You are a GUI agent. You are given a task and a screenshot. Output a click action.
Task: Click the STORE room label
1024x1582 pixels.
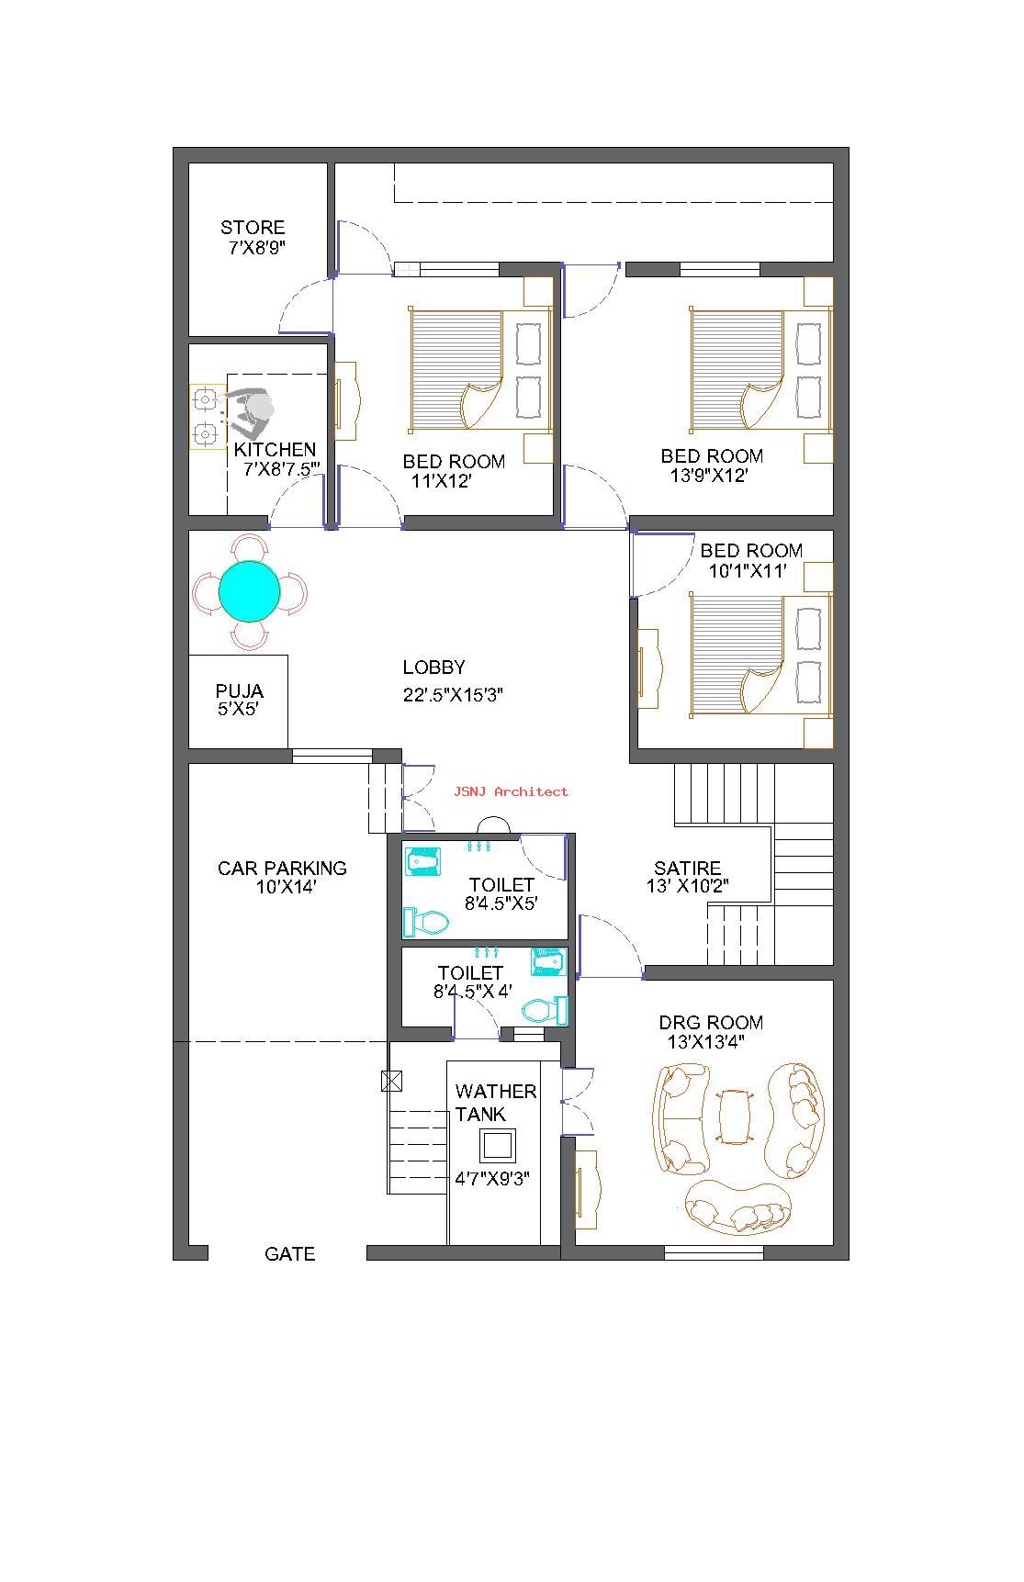click(253, 227)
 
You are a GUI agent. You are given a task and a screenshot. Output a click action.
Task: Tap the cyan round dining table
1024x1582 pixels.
click(250, 590)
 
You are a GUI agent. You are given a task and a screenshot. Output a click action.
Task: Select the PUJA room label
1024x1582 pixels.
click(239, 690)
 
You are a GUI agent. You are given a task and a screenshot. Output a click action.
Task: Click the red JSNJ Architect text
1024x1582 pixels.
click(511, 791)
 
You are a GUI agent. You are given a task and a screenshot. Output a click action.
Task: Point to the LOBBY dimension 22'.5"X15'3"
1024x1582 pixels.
click(453, 694)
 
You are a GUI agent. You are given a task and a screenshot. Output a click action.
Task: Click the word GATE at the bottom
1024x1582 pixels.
click(289, 1253)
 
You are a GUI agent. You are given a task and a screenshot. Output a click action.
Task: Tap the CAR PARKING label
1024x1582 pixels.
click(282, 868)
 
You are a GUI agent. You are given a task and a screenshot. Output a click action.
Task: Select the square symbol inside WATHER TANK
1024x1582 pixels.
click(497, 1146)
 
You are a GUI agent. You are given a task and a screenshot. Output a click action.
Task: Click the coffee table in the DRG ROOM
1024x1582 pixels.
click(733, 1116)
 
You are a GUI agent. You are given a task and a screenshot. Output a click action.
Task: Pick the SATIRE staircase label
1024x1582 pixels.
click(687, 868)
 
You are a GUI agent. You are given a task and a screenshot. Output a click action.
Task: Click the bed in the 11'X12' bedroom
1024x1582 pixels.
click(478, 370)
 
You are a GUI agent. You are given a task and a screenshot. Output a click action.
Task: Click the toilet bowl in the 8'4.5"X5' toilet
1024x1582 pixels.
click(425, 921)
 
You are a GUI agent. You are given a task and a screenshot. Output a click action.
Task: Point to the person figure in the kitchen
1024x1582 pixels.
click(250, 411)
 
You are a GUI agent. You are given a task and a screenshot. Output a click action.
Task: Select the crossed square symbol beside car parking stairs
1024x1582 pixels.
click(391, 1081)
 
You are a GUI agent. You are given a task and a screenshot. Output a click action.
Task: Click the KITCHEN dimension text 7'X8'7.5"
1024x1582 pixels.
click(281, 469)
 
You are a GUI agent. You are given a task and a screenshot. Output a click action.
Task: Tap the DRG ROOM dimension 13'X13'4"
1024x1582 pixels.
click(705, 1042)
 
